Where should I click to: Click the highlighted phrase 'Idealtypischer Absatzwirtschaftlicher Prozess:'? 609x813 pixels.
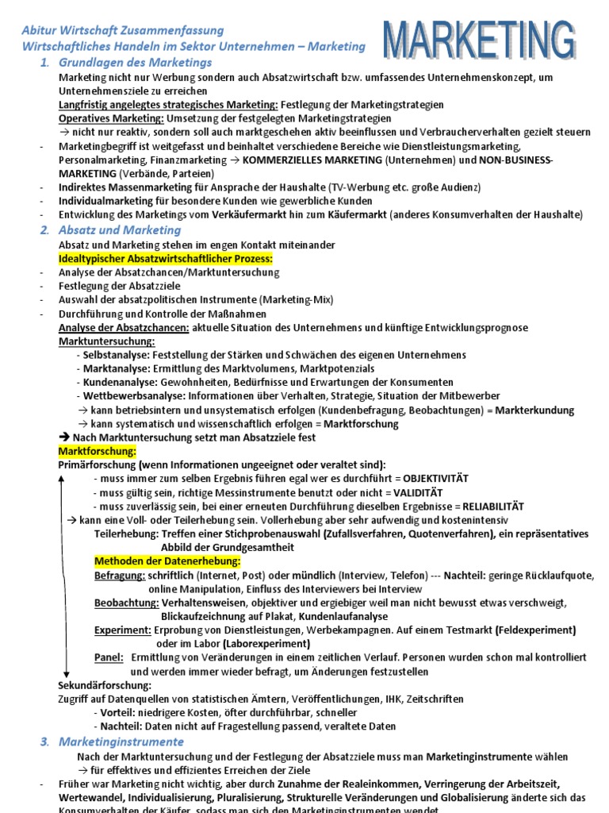coord(166,259)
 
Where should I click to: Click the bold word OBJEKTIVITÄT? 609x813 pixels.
coord(435,479)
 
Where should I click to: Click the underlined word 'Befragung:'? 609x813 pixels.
coord(120,575)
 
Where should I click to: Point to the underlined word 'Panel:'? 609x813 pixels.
coord(109,657)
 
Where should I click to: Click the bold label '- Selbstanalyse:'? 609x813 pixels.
coord(113,355)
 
